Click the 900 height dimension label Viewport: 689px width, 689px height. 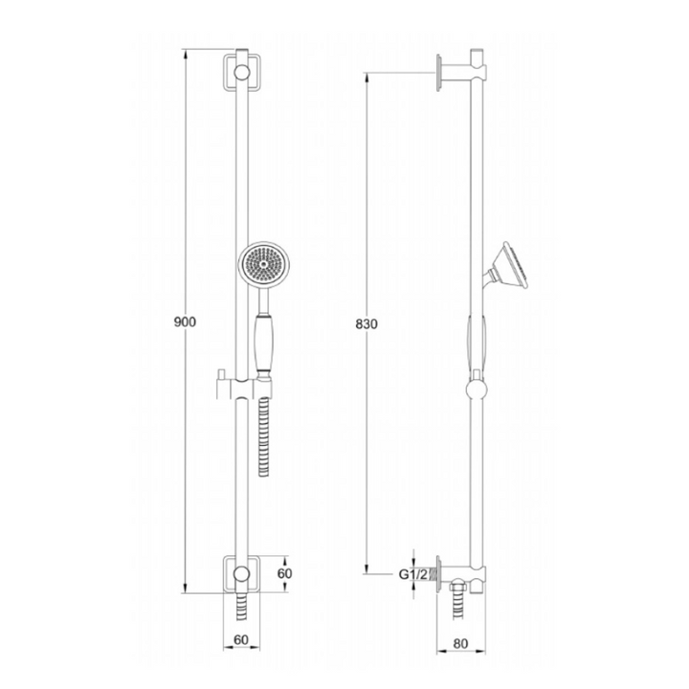point(185,322)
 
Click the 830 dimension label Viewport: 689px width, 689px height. point(366,324)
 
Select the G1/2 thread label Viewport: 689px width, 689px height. point(412,574)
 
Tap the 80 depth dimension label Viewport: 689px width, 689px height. point(460,644)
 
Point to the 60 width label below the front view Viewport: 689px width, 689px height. point(241,640)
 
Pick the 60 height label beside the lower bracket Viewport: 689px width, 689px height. point(284,573)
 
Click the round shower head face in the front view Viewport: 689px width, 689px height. point(264,264)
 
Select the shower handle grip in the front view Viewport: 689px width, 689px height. point(263,344)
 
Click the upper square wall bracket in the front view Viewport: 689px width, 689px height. point(242,73)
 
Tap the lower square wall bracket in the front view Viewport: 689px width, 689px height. point(242,574)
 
